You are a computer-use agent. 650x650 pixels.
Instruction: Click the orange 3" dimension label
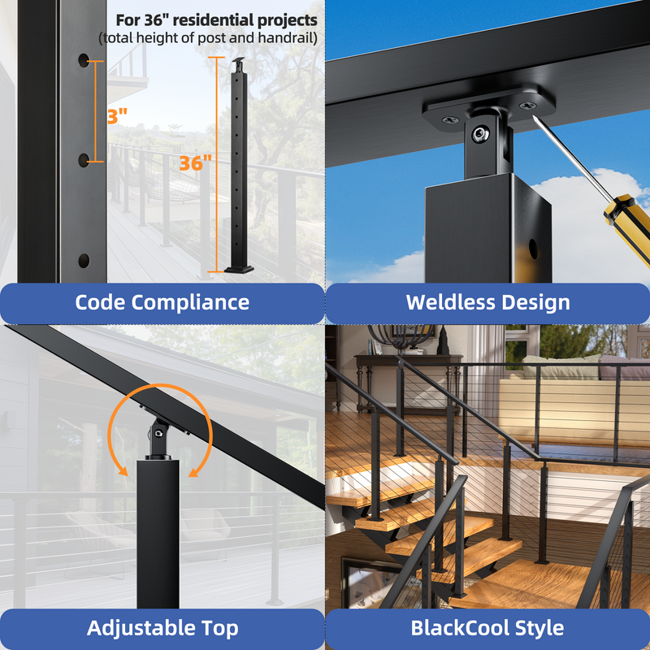tap(117, 116)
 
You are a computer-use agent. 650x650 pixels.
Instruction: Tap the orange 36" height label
tap(196, 163)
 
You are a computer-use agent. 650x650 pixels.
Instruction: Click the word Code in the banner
tap(100, 302)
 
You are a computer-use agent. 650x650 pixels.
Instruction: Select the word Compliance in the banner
tap(190, 303)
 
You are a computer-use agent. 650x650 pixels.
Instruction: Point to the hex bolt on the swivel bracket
tap(480, 133)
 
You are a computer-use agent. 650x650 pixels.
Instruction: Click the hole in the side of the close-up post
tap(533, 249)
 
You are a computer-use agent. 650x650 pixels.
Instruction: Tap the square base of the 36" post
tap(239, 270)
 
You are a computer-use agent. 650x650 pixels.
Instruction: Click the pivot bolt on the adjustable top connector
tap(158, 434)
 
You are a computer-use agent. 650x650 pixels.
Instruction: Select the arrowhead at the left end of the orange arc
tap(122, 471)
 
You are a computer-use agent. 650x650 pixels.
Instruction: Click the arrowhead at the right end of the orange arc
tap(194, 471)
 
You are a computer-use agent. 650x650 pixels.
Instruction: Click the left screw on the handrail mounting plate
tap(450, 120)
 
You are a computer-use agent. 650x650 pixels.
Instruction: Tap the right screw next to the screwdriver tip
tap(527, 106)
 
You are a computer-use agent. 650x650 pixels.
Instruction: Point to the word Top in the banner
tap(220, 629)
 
